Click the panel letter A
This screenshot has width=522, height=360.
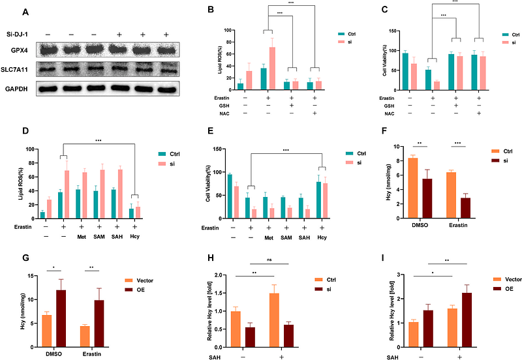coord(25,12)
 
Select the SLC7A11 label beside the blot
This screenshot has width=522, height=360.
coord(18,67)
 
